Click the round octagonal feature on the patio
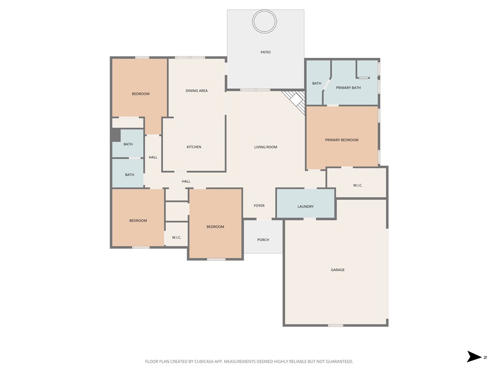click(265, 21)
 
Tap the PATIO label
click(266, 52)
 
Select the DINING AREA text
click(196, 91)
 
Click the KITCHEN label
click(194, 147)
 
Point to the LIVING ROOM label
click(266, 147)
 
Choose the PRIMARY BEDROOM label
click(342, 140)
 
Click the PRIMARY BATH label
click(348, 88)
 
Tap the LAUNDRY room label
click(305, 206)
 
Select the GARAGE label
click(338, 270)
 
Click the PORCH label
click(263, 240)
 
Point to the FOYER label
click(259, 206)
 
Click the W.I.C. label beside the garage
click(357, 186)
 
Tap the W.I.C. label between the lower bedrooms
click(177, 238)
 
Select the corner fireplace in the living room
click(295, 101)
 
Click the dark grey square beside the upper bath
click(116, 135)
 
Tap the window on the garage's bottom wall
click(335, 325)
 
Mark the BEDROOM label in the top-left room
click(141, 94)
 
